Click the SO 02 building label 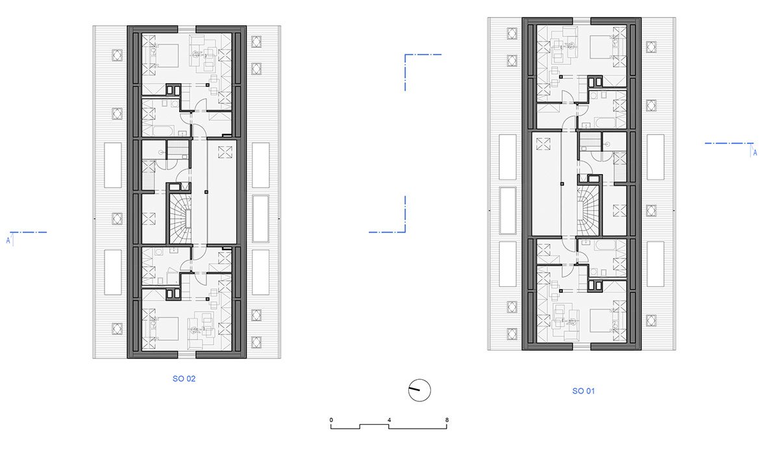point(184,379)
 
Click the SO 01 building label point(584,391)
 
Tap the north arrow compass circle point(419,390)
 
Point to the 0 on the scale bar point(331,420)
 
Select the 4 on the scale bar point(389,420)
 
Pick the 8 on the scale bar point(447,420)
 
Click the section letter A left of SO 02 point(8,240)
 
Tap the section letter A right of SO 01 point(754,153)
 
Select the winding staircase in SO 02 point(180,219)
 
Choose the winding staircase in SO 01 point(588,211)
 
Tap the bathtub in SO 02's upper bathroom point(163,131)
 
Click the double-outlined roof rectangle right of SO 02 point(260,218)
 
